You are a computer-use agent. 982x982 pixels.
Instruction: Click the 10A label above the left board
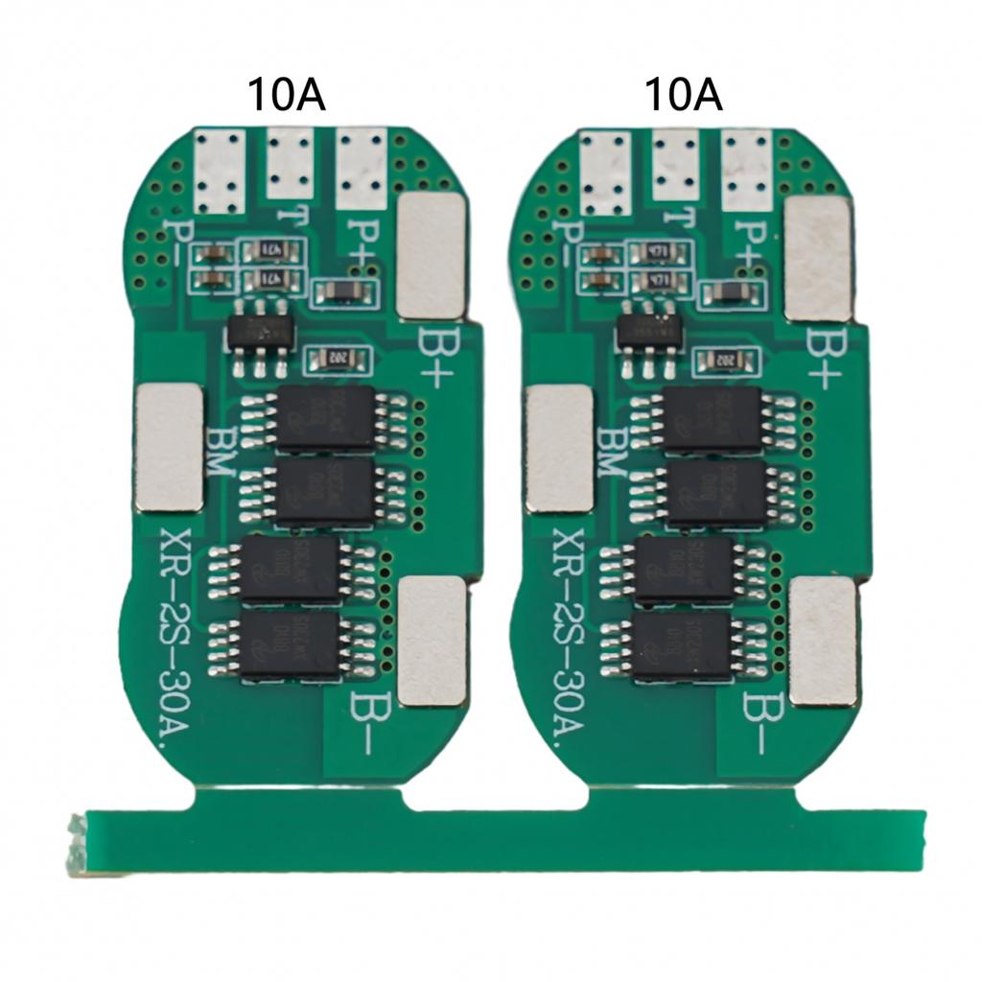(x=287, y=95)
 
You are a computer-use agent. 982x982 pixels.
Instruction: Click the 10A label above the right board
(x=682, y=95)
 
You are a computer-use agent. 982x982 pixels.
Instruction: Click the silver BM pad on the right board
(x=560, y=448)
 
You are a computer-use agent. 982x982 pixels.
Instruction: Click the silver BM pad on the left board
(x=170, y=447)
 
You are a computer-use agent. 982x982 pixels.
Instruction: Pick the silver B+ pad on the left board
(x=432, y=255)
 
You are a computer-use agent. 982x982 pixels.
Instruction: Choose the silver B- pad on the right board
(x=823, y=642)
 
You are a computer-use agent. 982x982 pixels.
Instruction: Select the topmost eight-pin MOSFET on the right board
(x=713, y=419)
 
